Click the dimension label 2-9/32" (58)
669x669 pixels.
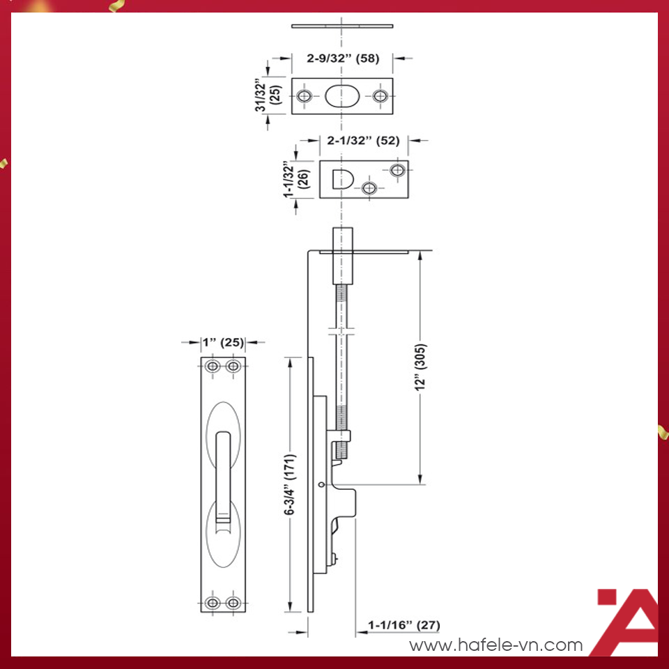click(x=343, y=59)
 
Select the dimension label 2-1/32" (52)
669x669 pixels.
click(x=363, y=140)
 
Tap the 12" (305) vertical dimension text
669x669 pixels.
click(x=420, y=368)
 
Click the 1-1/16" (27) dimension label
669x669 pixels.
click(x=404, y=625)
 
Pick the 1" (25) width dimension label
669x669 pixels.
click(x=223, y=342)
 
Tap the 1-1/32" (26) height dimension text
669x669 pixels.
click(x=295, y=180)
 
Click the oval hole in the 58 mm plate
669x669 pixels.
click(x=342, y=96)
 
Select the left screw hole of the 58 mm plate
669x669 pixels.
click(x=305, y=96)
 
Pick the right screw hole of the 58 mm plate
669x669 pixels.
click(x=380, y=96)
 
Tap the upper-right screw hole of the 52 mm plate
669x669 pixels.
click(x=398, y=170)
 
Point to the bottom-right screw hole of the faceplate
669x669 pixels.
click(x=234, y=603)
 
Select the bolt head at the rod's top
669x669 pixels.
click(x=342, y=256)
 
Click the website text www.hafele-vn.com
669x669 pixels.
click(x=495, y=645)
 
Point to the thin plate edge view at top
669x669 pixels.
click(x=342, y=26)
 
